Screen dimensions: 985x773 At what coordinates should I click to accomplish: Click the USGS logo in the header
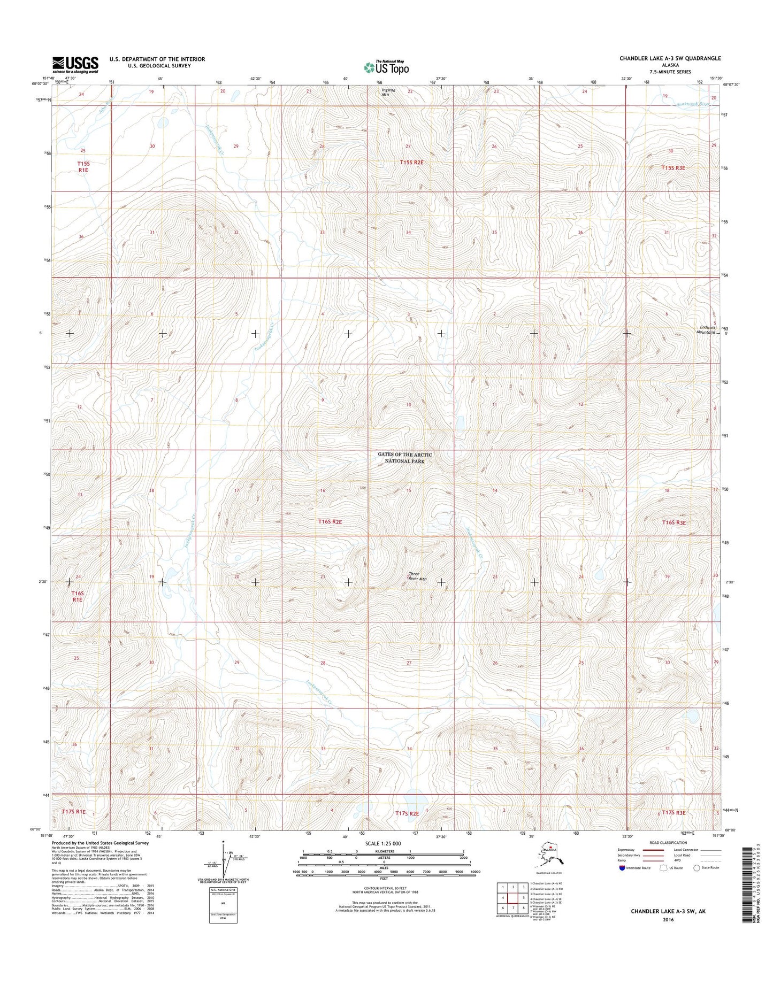pyautogui.click(x=75, y=64)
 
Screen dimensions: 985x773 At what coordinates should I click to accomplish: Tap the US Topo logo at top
pyautogui.click(x=386, y=67)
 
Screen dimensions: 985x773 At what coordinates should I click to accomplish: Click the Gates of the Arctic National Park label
pyautogui.click(x=404, y=457)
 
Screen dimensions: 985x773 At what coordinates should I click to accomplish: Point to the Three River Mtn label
pyautogui.click(x=418, y=576)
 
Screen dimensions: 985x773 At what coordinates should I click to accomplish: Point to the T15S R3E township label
pyautogui.click(x=673, y=167)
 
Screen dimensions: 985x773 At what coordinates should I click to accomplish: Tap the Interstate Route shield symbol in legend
pyautogui.click(x=621, y=868)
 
